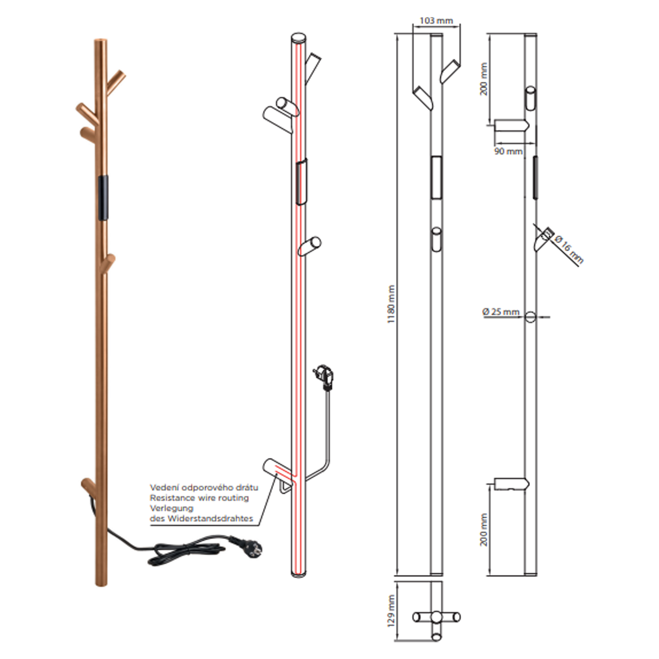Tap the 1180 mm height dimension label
click(391, 304)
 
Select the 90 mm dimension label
click(508, 151)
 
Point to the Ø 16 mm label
click(569, 249)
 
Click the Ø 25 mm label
click(501, 312)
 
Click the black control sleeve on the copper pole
click(103, 197)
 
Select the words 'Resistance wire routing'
click(199, 498)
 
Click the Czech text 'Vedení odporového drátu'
click(204, 487)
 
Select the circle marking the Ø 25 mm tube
click(530, 317)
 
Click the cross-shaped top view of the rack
click(436, 617)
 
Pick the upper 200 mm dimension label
click(484, 79)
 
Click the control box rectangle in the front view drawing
click(436, 177)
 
